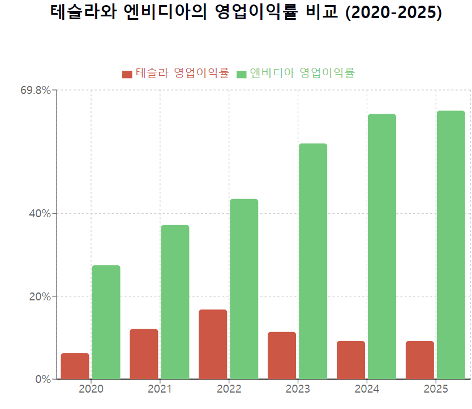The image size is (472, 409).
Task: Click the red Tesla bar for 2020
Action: click(x=75, y=366)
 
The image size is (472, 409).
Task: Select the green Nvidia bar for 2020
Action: click(x=106, y=322)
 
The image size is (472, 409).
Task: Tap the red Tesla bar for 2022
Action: click(x=213, y=344)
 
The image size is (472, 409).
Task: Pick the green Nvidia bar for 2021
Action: click(x=175, y=302)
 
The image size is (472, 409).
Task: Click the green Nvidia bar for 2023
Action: click(x=313, y=261)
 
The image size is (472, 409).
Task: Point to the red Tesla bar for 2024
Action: click(x=351, y=360)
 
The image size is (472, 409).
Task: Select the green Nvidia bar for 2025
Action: click(x=450, y=244)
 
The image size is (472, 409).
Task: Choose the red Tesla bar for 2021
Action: click(x=144, y=354)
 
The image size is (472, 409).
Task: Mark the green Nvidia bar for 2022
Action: click(x=244, y=289)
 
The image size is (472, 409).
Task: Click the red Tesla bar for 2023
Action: click(x=282, y=355)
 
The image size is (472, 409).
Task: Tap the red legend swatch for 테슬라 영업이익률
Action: click(x=127, y=74)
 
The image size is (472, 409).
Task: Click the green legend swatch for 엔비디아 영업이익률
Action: click(x=242, y=74)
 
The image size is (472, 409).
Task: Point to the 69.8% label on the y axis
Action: click(x=36, y=90)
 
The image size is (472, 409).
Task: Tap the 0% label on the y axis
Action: click(x=43, y=379)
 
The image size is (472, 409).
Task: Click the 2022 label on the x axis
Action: click(x=229, y=389)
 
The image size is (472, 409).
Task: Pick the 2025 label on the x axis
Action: click(x=436, y=389)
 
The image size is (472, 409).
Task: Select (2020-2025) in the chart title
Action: click(x=393, y=12)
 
